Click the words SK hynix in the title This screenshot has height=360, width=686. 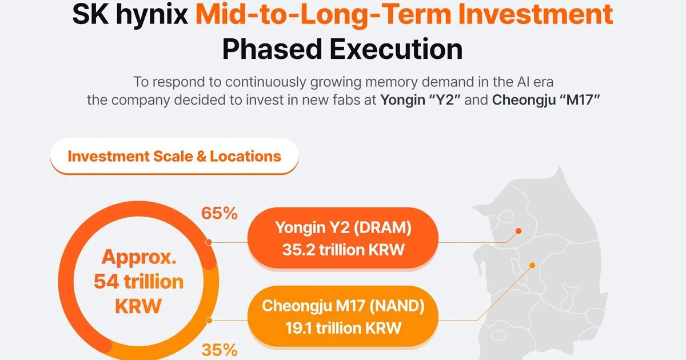click(x=130, y=15)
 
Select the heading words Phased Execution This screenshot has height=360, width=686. click(x=342, y=49)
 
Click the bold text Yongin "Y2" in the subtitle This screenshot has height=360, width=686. click(x=421, y=100)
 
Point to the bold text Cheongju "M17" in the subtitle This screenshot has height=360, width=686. click(x=546, y=100)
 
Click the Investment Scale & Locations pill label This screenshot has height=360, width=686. click(x=174, y=156)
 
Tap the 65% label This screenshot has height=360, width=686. click(x=220, y=213)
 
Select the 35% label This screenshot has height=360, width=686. click(x=220, y=350)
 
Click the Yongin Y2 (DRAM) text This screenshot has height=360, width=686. click(x=343, y=228)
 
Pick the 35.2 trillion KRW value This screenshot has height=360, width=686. click(x=344, y=250)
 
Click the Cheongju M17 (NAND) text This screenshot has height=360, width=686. click(x=343, y=306)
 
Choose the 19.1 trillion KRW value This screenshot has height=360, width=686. click(x=344, y=328)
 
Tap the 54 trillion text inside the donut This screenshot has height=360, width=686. click(x=138, y=282)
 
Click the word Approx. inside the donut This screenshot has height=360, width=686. click(x=139, y=258)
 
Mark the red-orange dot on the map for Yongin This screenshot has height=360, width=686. click(x=519, y=231)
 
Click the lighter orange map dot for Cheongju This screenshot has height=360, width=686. click(x=532, y=265)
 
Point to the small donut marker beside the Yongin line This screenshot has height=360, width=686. click(x=209, y=242)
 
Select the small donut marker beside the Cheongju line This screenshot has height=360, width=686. click(x=209, y=321)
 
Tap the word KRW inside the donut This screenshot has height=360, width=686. click(x=138, y=306)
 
